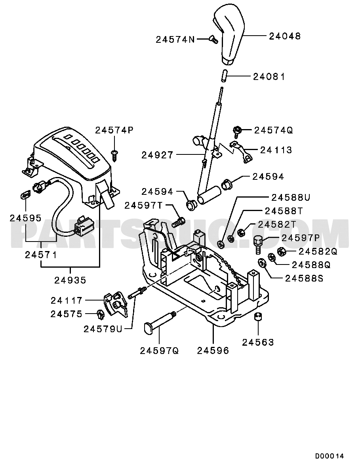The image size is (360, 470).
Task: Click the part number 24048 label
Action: (285, 36)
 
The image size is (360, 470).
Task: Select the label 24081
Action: (269, 76)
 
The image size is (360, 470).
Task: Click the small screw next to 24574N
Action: (213, 39)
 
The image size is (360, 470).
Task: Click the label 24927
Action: (157, 155)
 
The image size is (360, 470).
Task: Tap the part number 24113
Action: (276, 150)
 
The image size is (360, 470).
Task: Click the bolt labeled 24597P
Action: (258, 244)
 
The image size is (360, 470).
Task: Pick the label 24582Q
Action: (318, 251)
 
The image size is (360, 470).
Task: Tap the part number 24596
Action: (213, 350)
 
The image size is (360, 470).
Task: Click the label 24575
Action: (66, 314)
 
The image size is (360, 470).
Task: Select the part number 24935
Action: (70, 280)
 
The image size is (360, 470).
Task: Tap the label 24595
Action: (26, 218)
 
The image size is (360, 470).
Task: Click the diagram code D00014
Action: (330, 456)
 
